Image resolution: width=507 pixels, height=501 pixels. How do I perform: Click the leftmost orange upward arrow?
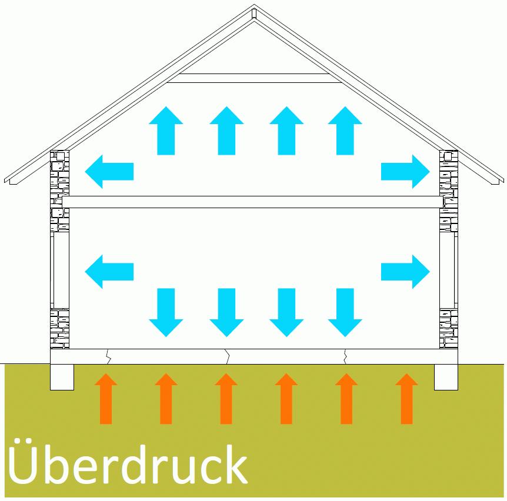click(106, 399)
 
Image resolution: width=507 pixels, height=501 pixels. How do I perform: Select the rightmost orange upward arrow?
click(406, 399)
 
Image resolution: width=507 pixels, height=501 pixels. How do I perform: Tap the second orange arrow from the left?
click(166, 399)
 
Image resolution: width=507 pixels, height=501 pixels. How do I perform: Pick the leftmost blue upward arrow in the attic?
click(166, 130)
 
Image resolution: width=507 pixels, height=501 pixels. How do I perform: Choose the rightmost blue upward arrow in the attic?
click(345, 130)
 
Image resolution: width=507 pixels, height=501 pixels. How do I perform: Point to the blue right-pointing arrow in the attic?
click(405, 172)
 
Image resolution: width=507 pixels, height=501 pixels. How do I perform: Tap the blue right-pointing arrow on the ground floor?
click(405, 272)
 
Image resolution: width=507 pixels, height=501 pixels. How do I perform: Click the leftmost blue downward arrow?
click(166, 312)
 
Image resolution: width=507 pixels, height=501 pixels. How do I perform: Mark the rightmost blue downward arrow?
click(345, 312)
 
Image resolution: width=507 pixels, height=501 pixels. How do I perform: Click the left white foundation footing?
click(62, 377)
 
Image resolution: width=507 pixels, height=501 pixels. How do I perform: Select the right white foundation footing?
click(446, 377)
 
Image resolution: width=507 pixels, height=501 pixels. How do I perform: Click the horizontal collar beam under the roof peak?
click(254, 78)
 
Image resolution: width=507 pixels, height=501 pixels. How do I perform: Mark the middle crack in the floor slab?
click(227, 356)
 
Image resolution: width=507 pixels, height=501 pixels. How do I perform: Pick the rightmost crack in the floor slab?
click(345, 356)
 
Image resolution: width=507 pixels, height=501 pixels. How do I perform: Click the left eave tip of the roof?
click(7, 179)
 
